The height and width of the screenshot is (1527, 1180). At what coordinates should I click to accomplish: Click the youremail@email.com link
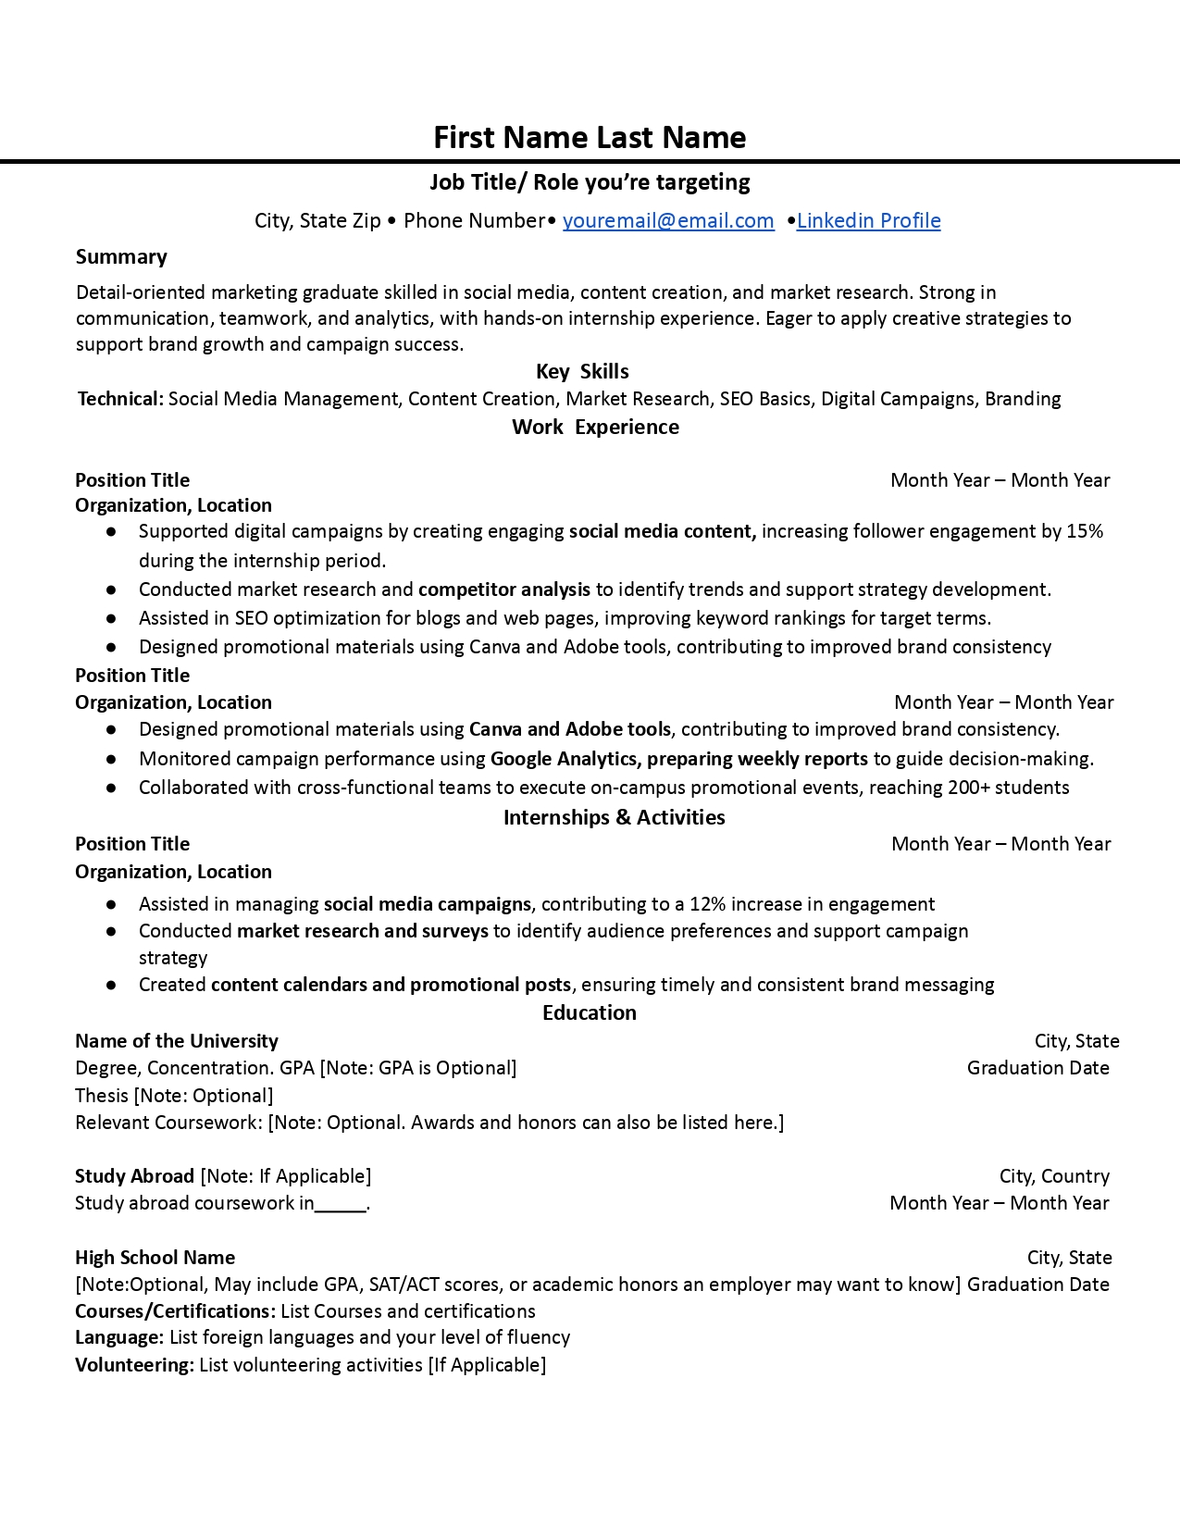(668, 220)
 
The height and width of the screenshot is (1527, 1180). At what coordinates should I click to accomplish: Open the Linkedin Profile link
(868, 220)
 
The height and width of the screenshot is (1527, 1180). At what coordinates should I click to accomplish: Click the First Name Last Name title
(590, 137)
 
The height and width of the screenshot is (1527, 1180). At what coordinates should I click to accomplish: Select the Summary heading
(121, 256)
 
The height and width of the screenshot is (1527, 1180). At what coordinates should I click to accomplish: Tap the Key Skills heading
(582, 371)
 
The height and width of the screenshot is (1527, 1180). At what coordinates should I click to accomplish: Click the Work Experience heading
(595, 427)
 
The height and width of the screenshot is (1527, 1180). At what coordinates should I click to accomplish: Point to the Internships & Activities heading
(614, 817)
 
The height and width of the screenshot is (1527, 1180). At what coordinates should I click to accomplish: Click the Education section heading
(590, 1012)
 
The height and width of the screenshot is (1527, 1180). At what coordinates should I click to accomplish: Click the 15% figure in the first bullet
(1085, 531)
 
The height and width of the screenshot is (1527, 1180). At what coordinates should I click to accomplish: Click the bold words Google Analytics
(564, 759)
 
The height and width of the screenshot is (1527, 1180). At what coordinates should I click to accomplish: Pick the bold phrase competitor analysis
(504, 590)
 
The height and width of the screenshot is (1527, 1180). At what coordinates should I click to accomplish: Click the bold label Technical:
(120, 399)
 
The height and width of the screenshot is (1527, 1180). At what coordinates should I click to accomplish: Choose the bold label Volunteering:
(134, 1365)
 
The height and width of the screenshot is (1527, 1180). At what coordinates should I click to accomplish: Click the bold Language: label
(119, 1337)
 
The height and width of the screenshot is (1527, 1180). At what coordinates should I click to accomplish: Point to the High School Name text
(155, 1258)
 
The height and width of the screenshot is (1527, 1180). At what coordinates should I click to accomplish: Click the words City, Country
(1054, 1176)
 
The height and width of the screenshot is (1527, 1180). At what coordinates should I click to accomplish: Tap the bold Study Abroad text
(134, 1176)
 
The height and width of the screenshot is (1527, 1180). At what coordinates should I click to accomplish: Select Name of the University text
(176, 1041)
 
